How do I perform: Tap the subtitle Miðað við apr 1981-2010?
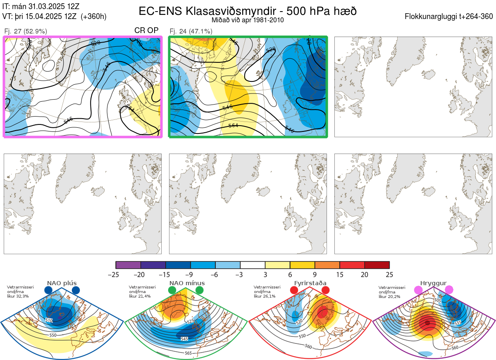coord(248,20)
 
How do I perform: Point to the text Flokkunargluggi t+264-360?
coord(450,17)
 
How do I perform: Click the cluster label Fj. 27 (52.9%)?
coord(26,31)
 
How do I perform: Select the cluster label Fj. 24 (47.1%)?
coord(191,31)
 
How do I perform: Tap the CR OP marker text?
coord(146,31)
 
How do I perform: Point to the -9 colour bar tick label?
coord(191,274)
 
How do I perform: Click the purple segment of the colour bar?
coord(128,265)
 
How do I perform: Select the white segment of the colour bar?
coord(253,265)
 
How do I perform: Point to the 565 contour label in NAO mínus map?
coord(188,353)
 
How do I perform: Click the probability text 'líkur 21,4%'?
coord(139,296)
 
